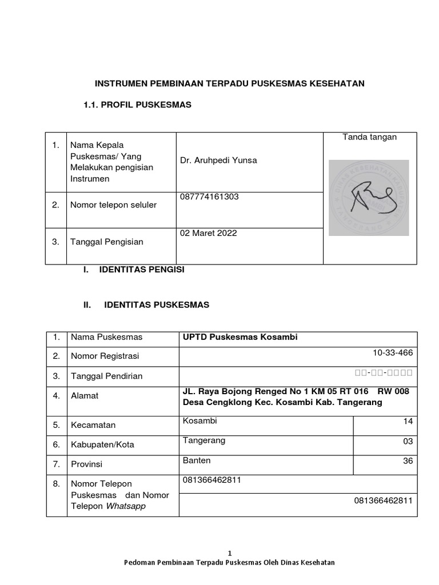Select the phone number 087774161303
(210, 197)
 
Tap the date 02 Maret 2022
(208, 233)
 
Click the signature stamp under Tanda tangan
(369, 198)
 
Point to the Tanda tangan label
(369, 137)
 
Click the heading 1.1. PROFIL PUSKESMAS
(137, 105)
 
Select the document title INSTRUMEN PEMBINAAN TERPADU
(229, 84)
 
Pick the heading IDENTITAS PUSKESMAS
(157, 305)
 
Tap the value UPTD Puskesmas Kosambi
(240, 337)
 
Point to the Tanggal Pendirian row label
(106, 376)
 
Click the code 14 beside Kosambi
(408, 422)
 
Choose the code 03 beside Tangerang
(408, 442)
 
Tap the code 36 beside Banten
(408, 461)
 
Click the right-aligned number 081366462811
(383, 500)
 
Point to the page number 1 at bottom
(230, 553)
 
